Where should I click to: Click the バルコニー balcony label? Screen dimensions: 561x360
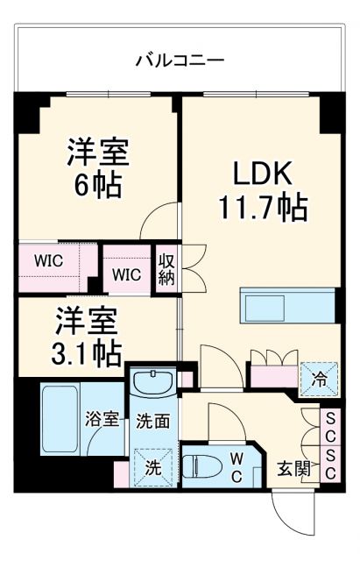point(180,60)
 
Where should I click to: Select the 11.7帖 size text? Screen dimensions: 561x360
point(262,208)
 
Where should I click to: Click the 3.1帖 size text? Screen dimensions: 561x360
point(85,352)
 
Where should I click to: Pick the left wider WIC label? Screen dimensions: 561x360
point(49,260)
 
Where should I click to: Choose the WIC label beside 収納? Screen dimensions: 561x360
point(126,274)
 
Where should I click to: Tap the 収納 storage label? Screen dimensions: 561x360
point(165,268)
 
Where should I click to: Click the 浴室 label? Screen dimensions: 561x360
point(102,419)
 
